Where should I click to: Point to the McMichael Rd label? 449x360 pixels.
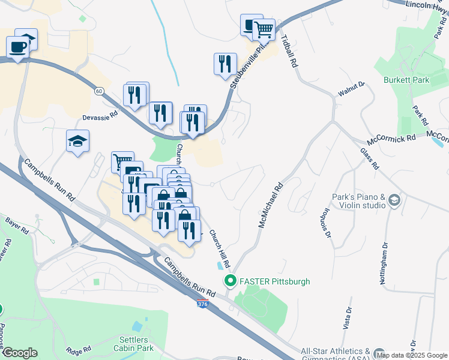coord(270,205)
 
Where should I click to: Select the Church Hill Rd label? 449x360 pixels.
coord(219,250)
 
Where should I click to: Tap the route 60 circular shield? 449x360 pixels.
coord(99,90)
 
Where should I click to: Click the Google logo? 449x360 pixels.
coord(20,353)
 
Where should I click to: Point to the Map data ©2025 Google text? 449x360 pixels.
coord(412,355)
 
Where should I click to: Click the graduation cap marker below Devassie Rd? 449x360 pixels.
coord(77,142)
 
